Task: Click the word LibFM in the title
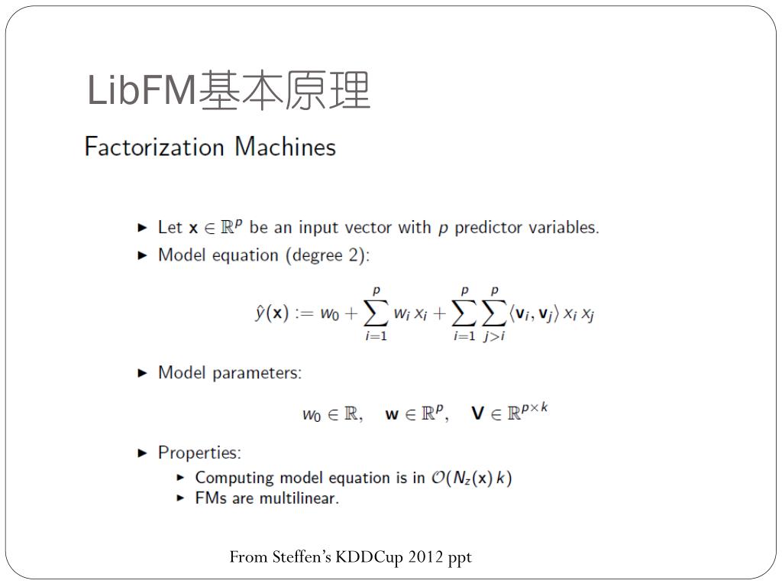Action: [x=142, y=91]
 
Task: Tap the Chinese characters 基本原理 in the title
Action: [x=284, y=91]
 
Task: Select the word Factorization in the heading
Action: [x=154, y=146]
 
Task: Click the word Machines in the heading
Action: [x=286, y=146]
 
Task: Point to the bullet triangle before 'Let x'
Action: [x=142, y=228]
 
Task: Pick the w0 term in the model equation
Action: [x=329, y=314]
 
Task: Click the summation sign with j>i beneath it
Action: [x=494, y=313]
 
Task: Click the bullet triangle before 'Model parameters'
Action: [x=142, y=373]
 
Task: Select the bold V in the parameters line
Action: [x=478, y=414]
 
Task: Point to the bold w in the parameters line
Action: [x=392, y=415]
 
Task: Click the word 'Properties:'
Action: [x=199, y=452]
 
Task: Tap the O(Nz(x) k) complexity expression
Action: [x=472, y=478]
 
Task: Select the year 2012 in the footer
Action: [x=426, y=557]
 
